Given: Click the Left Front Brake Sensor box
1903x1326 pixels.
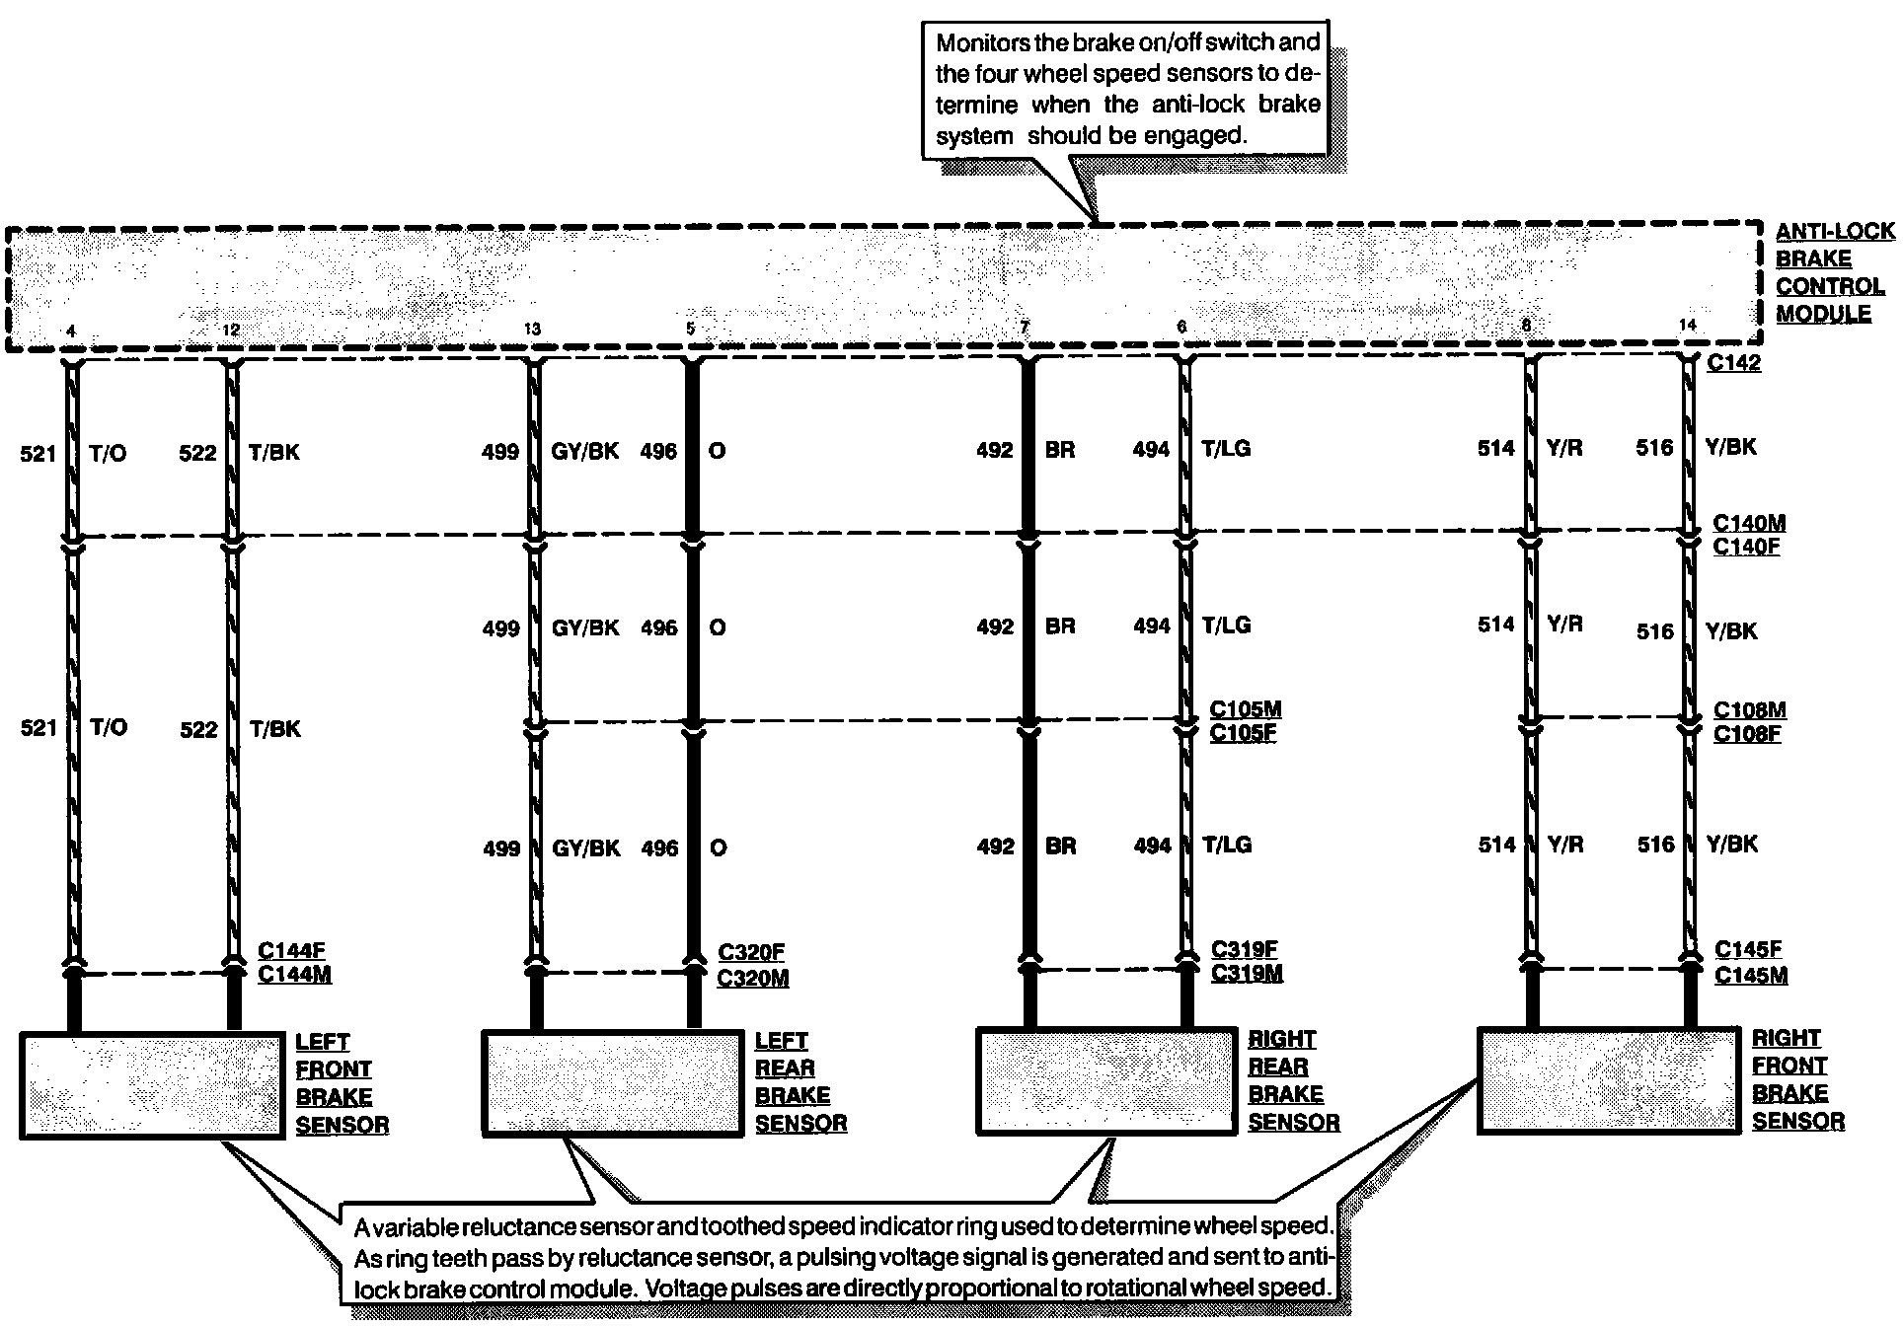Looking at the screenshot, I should [x=152, y=1085].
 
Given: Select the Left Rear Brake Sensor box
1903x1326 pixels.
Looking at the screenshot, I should [x=612, y=1083].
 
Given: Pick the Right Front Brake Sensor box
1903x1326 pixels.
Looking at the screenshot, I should [x=1608, y=1080].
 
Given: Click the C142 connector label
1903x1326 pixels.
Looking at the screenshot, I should [x=1733, y=363].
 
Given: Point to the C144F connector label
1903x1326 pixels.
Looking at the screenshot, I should [x=291, y=951].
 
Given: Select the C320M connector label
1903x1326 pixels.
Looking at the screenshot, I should [x=752, y=978].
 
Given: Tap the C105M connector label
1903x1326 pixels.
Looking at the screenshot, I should [x=1245, y=709].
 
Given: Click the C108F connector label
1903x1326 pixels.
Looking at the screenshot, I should [x=1747, y=734].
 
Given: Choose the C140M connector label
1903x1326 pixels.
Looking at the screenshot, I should [x=1749, y=523].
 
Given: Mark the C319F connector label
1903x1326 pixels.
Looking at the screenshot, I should [x=1244, y=949].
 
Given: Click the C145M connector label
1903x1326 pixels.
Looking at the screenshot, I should [x=1750, y=975].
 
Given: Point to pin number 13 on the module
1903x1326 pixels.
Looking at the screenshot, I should [x=532, y=330].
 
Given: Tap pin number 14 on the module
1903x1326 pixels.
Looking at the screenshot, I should [x=1687, y=325].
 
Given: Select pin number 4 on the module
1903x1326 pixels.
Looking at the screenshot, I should [x=70, y=331].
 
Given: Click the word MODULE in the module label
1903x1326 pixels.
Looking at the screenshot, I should [x=1823, y=314].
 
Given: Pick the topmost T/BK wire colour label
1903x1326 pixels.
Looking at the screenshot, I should [x=273, y=453].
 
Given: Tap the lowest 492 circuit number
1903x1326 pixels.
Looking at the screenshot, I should [x=995, y=847].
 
